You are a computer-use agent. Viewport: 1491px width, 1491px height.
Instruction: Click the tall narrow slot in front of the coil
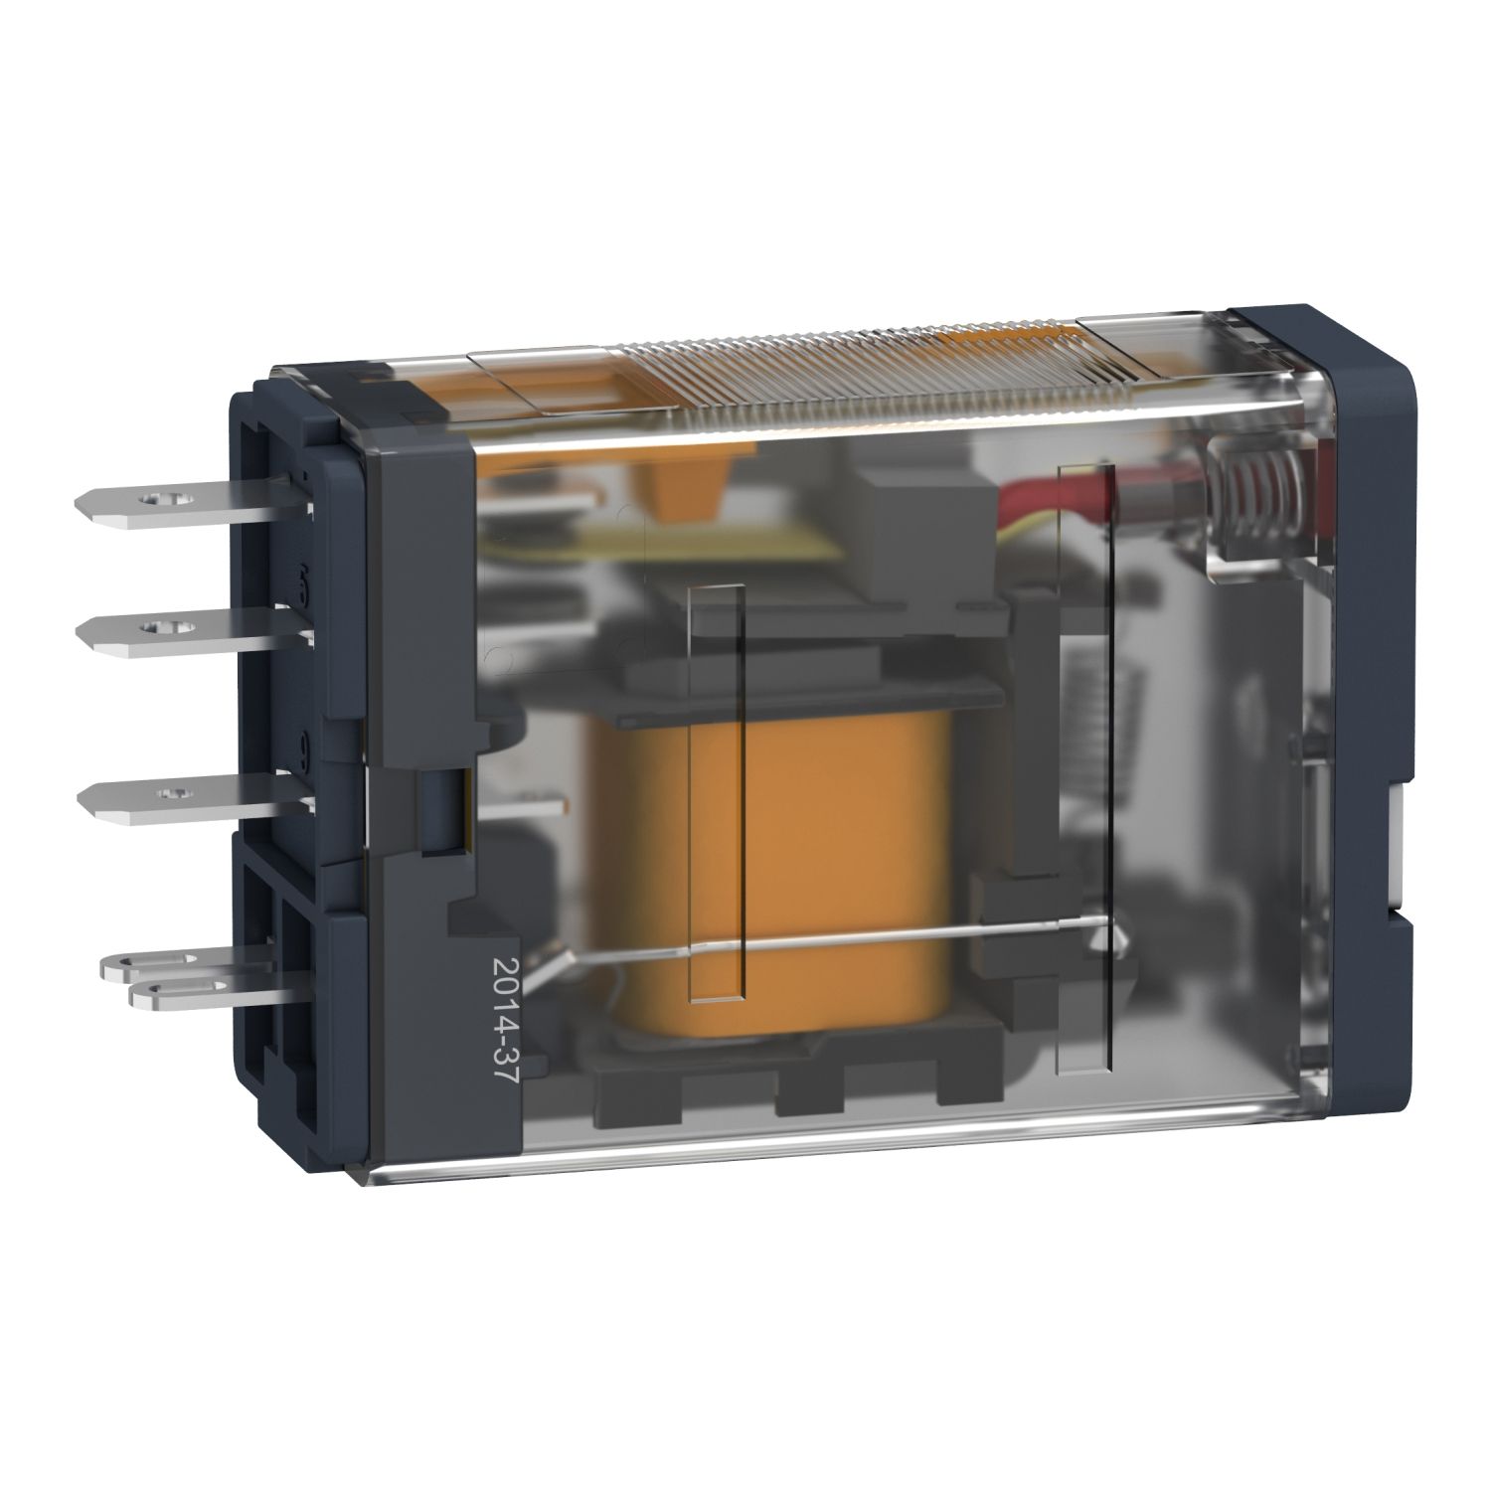716,795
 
